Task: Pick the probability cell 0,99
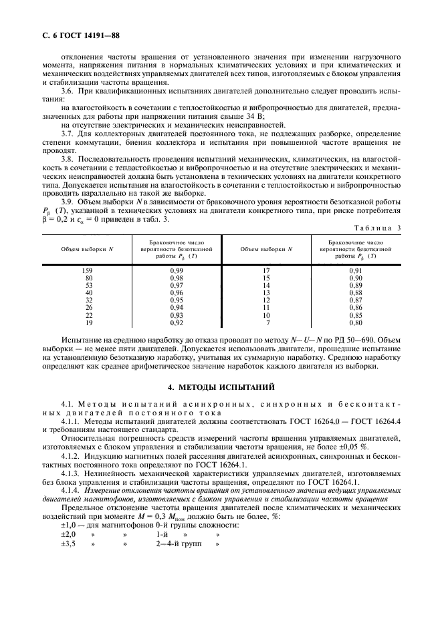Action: point(177,270)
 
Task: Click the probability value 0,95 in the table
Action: point(177,300)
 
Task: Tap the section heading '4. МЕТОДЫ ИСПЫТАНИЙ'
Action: point(221,387)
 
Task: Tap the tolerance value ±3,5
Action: point(68,544)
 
